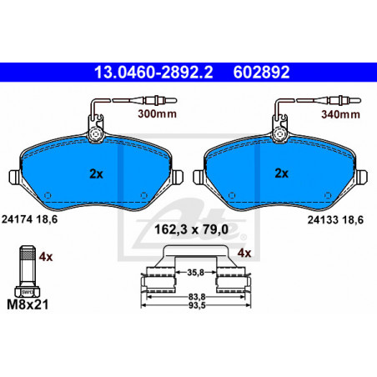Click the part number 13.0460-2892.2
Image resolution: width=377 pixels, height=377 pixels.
[153, 73]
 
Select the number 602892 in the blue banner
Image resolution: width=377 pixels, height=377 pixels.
[261, 73]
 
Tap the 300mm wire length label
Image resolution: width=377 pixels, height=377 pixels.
[158, 113]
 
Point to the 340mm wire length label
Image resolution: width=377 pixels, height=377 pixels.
[340, 114]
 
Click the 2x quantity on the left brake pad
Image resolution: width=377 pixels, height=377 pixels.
[96, 174]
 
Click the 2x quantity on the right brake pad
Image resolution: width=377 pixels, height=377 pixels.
[282, 173]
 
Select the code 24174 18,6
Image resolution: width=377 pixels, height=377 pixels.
[29, 219]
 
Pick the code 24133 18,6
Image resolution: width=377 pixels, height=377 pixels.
[335, 220]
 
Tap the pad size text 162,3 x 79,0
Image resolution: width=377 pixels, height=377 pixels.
[191, 229]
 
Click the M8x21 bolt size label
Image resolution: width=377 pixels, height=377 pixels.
[28, 304]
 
